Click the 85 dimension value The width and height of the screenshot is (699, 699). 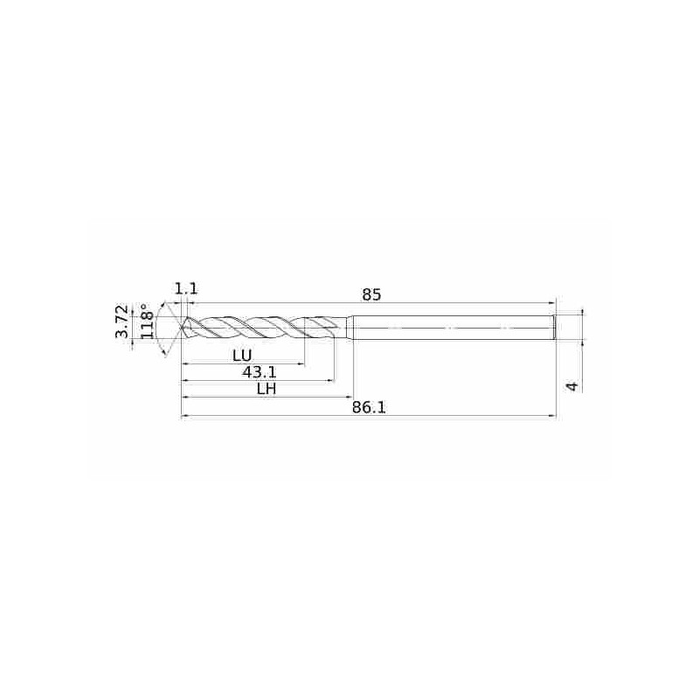pyautogui.click(x=371, y=294)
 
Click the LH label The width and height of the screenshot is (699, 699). pyautogui.click(x=266, y=389)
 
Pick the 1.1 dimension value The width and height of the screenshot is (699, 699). pyautogui.click(x=185, y=288)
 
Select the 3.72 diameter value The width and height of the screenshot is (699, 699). pyautogui.click(x=121, y=322)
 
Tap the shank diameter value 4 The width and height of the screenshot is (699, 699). pyautogui.click(x=572, y=385)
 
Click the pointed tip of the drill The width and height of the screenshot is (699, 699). pyautogui.click(x=182, y=329)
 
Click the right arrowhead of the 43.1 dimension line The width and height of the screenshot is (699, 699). pyautogui.click(x=332, y=380)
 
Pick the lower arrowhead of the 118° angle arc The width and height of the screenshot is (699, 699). pyautogui.click(x=167, y=355)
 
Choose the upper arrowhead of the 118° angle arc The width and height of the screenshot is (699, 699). pyautogui.click(x=167, y=301)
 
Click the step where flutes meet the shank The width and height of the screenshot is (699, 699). pyautogui.click(x=351, y=328)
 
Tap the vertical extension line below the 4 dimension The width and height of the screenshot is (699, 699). pyautogui.click(x=580, y=367)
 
